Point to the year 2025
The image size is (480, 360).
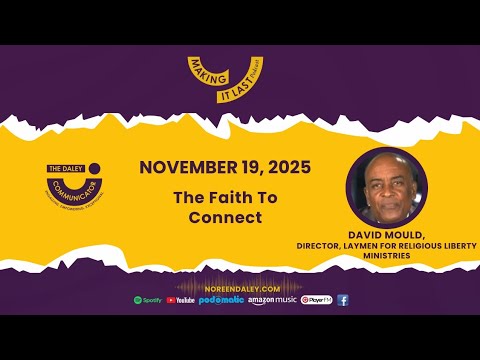click(x=288, y=167)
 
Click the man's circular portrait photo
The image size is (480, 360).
click(x=386, y=188)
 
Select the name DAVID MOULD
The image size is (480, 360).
click(x=387, y=233)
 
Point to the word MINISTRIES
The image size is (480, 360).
click(x=387, y=257)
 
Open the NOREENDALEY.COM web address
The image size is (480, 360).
click(x=240, y=287)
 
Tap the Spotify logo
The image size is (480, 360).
click(x=147, y=300)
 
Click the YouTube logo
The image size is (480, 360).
click(x=181, y=300)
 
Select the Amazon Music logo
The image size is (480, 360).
click(x=272, y=300)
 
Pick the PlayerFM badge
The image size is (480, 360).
click(x=316, y=300)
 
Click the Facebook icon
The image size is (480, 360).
click(x=343, y=300)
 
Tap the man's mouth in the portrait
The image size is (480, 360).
click(x=387, y=205)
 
